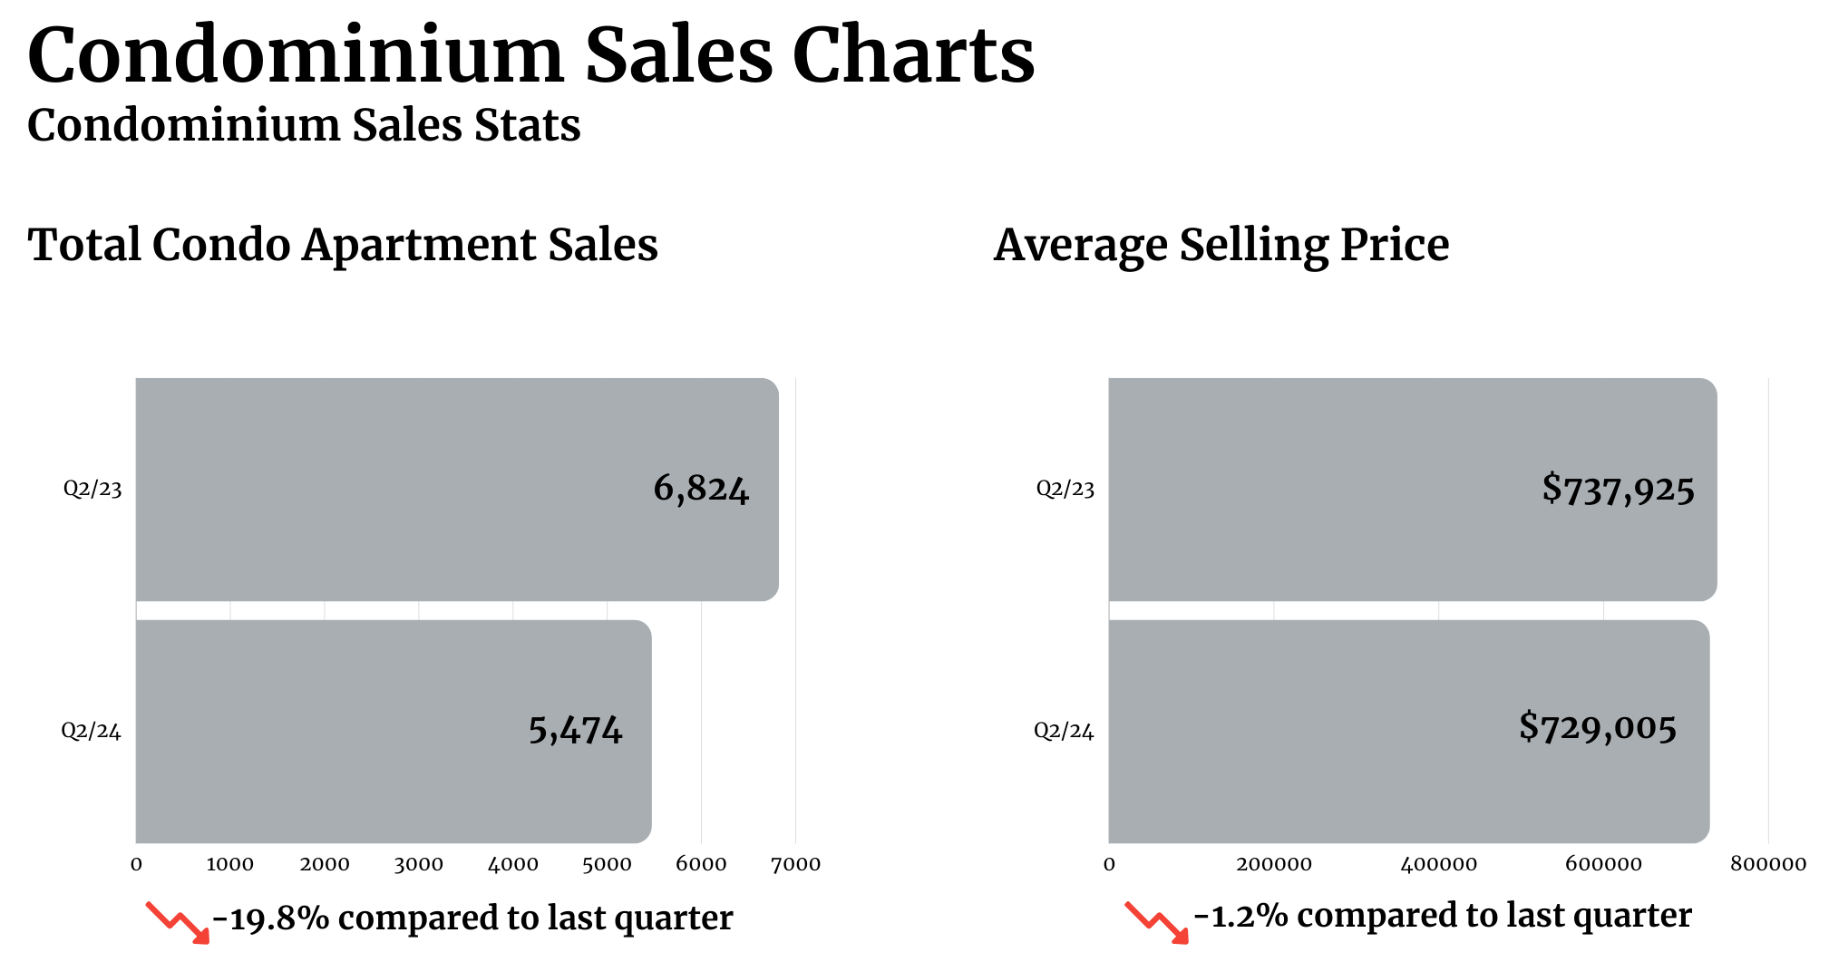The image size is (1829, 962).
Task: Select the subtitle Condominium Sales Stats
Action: tap(304, 125)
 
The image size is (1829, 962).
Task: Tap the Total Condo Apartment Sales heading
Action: tap(343, 245)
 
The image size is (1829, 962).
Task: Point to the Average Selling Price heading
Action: tap(1221, 245)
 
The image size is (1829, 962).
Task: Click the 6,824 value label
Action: tap(701, 489)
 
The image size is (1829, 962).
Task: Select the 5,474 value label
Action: tap(575, 730)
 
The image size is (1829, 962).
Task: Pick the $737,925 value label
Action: tap(1618, 490)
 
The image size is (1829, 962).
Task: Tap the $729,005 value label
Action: tap(1598, 727)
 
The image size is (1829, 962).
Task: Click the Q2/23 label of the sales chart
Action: tap(92, 489)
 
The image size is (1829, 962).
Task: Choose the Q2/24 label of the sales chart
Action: tap(91, 731)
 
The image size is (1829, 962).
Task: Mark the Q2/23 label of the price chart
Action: tap(1065, 489)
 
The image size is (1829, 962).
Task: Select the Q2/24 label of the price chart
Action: tap(1064, 731)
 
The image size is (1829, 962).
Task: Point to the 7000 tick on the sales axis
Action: tap(795, 864)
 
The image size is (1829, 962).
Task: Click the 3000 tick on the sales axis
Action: tap(418, 864)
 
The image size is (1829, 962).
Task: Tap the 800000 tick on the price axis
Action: tap(1767, 864)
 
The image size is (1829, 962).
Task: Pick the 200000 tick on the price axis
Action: tap(1273, 864)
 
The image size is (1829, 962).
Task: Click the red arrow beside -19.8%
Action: tap(178, 922)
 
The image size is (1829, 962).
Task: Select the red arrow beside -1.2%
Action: tap(1156, 922)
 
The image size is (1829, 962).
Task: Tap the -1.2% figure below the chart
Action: tap(1240, 916)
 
